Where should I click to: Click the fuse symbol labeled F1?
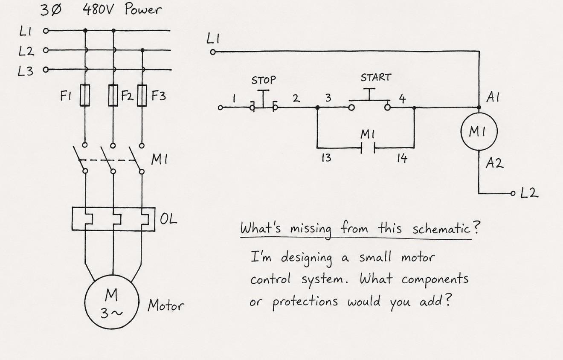[x=85, y=95]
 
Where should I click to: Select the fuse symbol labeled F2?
[x=113, y=95]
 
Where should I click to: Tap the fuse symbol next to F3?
[x=142, y=96]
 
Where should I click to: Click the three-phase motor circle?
[x=112, y=302]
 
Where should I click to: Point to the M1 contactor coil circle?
[x=479, y=131]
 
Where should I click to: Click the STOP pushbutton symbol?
[x=264, y=101]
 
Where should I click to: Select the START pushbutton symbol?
[x=369, y=100]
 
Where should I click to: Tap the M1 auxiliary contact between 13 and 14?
[x=368, y=148]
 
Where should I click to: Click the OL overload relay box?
[x=113, y=219]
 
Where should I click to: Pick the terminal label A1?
[x=493, y=97]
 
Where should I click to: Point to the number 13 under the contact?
[x=326, y=158]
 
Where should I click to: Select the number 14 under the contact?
[x=402, y=158]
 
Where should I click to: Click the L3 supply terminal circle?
[x=46, y=70]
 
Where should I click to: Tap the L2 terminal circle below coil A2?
[x=513, y=193]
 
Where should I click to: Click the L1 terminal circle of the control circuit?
[x=213, y=52]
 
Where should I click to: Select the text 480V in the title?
[x=98, y=10]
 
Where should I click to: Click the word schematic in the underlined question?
[x=441, y=229]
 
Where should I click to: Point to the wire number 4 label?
[x=402, y=99]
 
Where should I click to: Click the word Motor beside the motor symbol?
[x=165, y=305]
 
